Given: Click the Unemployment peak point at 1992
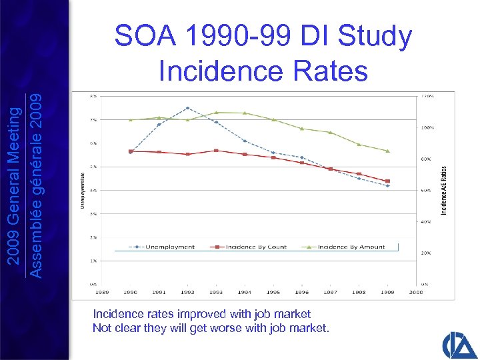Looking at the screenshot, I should click(188, 108).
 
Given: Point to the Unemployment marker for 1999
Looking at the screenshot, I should click(388, 186).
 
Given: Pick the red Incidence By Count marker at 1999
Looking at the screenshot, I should click(388, 181).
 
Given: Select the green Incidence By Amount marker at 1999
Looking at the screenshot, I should click(388, 151).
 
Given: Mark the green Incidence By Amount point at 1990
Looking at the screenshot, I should click(131, 120).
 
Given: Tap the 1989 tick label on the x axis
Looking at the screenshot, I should click(102, 292).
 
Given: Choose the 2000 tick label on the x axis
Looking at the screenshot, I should click(417, 292).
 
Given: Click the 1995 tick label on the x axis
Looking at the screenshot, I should click(273, 292).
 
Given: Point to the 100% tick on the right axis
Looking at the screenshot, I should click(427, 127).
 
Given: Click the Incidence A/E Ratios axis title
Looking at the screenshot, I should click(445, 190).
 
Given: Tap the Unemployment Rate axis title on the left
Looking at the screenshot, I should click(83, 190).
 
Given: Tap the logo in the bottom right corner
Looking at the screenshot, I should click(459, 345).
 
